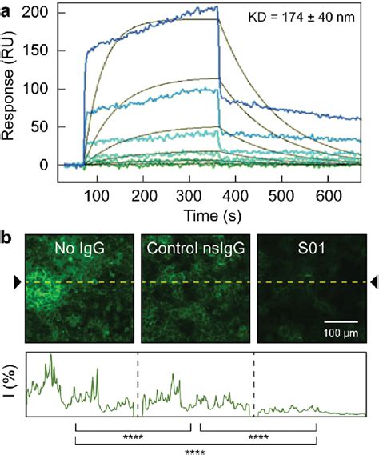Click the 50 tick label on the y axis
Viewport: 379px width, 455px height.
coord(49,127)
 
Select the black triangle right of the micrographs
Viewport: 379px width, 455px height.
coord(369,281)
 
